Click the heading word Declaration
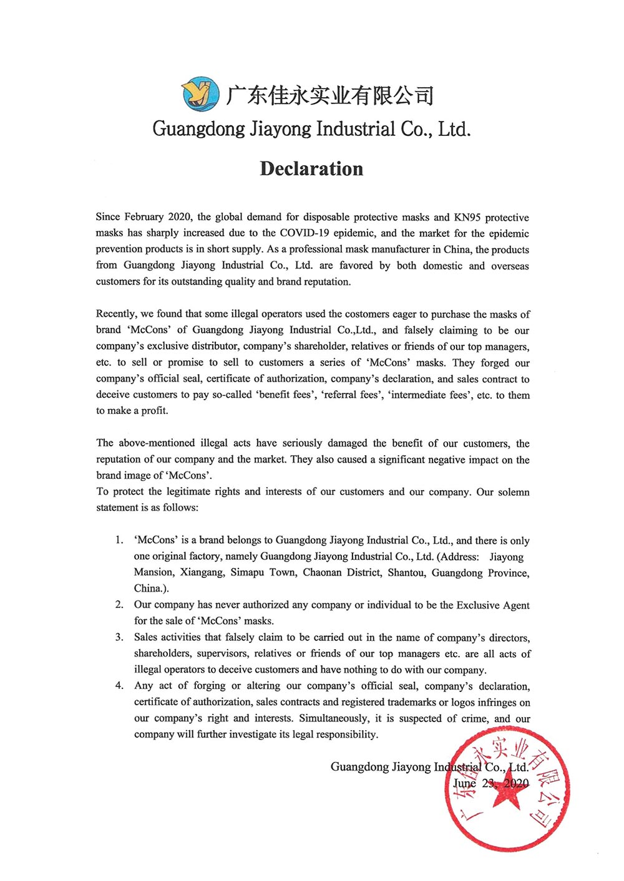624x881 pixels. coord(311,169)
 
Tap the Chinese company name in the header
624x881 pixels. coord(329,95)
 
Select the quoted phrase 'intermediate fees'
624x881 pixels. coord(430,395)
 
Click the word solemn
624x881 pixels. coord(513,492)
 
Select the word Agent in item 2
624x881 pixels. coord(515,605)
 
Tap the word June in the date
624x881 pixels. coord(465,784)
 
